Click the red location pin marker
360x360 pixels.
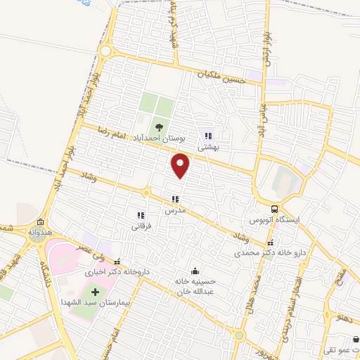click(x=181, y=166)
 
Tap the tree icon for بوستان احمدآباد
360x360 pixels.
click(x=160, y=127)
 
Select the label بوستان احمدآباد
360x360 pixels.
click(x=160, y=140)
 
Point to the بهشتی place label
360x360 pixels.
click(x=209, y=148)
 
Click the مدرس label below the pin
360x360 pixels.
click(x=175, y=210)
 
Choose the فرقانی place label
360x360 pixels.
click(x=141, y=226)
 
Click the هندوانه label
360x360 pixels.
click(x=38, y=231)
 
